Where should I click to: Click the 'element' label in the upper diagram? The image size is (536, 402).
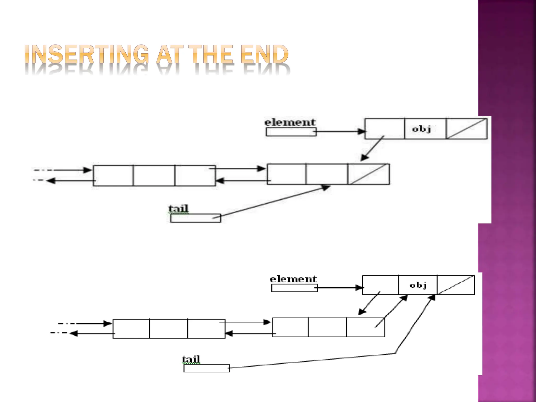(x=290, y=122)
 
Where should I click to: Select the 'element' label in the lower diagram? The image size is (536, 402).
(x=293, y=279)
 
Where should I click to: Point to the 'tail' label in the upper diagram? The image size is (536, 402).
(x=178, y=209)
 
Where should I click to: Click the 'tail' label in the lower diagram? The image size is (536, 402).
(x=191, y=359)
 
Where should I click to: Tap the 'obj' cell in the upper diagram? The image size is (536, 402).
(x=425, y=129)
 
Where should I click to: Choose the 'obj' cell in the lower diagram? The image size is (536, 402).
(x=418, y=285)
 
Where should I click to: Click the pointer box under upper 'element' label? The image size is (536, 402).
(x=291, y=132)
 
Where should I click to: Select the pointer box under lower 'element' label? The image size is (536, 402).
(x=294, y=288)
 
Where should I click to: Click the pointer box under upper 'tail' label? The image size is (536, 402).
(x=196, y=218)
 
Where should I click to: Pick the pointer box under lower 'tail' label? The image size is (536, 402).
(x=206, y=368)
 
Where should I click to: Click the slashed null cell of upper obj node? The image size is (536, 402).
(x=466, y=129)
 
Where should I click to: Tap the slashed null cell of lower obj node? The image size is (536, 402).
(x=456, y=285)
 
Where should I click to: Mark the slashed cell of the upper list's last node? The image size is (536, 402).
(x=368, y=174)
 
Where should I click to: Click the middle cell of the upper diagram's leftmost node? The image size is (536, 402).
(x=154, y=176)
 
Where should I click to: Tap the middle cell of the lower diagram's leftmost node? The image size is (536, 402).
(x=169, y=329)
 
